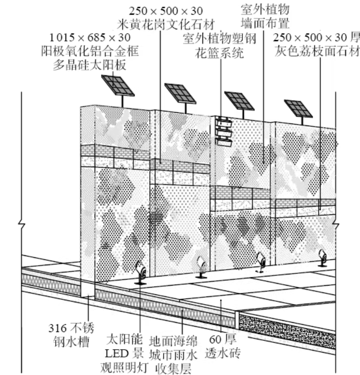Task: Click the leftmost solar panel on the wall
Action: point(118,85)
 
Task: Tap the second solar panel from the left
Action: point(180,94)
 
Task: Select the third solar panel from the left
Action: point(240,101)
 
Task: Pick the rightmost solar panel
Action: point(299,108)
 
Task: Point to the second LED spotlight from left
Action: point(201,267)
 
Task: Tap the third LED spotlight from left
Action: point(260,262)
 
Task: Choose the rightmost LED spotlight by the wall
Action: point(322,258)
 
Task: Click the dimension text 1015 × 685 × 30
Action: point(90,38)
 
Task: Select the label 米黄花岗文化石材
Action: point(166,24)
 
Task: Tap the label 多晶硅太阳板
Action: point(90,65)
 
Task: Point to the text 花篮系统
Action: point(220,53)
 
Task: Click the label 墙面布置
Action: point(265,23)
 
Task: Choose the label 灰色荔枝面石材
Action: point(317,51)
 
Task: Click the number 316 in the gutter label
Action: point(58,328)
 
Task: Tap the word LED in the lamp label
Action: point(117,354)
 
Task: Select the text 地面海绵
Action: point(174,341)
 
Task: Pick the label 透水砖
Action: point(222,353)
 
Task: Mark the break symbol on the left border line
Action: point(22,225)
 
